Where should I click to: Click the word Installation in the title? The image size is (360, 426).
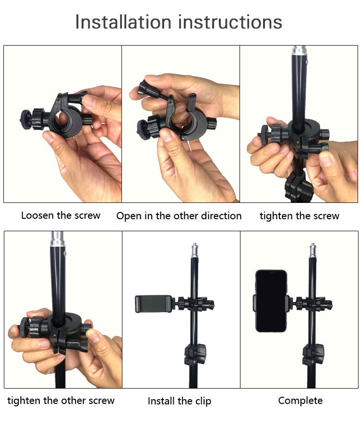click(x=123, y=22)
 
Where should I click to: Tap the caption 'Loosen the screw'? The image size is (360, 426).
click(x=61, y=215)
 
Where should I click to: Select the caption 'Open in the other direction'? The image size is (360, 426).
click(x=179, y=216)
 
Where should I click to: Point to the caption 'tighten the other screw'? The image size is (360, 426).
click(x=61, y=401)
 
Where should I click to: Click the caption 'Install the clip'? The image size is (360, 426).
click(x=180, y=401)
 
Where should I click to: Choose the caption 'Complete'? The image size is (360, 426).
click(x=300, y=401)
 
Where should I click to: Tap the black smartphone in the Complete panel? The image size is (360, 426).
click(x=271, y=301)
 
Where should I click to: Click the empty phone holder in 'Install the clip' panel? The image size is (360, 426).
click(x=154, y=304)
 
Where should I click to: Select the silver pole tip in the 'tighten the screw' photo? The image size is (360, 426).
click(x=300, y=50)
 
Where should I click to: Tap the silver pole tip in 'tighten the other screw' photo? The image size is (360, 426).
click(x=58, y=238)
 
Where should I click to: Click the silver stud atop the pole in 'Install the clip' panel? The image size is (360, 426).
click(x=195, y=250)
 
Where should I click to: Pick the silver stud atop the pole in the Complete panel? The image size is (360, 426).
click(x=313, y=250)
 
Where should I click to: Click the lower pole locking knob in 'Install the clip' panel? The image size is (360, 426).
click(x=195, y=355)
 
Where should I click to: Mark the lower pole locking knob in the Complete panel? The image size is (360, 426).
click(x=313, y=355)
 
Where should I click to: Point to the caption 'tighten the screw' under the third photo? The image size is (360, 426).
click(x=300, y=216)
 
